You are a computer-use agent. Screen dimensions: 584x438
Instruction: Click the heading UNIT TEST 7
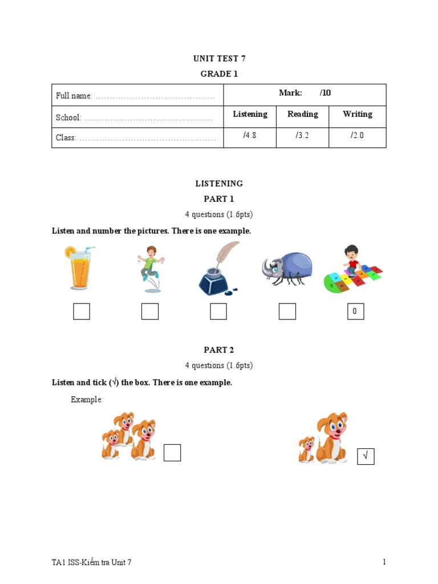[x=219, y=58]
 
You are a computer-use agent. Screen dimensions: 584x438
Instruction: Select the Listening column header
[x=250, y=115]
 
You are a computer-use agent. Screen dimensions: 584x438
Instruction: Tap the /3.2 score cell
[x=302, y=136]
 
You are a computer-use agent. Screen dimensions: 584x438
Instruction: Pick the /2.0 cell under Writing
[x=357, y=136]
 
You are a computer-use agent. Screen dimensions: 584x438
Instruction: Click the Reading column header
[x=302, y=115]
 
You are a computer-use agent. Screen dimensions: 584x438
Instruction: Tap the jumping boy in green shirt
[x=151, y=268]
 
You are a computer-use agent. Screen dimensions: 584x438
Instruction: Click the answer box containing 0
[x=355, y=311]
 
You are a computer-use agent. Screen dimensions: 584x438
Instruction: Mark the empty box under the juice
[x=82, y=311]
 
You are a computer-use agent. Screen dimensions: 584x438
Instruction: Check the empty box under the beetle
[x=287, y=311]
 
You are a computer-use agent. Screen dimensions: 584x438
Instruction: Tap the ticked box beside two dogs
[x=366, y=456]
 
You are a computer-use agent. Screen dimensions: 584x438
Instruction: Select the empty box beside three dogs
[x=172, y=453]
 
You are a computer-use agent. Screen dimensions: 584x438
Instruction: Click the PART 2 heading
[x=219, y=350]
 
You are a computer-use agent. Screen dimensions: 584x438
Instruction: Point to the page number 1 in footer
[x=384, y=562]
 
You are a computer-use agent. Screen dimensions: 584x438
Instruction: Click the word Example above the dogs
[x=87, y=400]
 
